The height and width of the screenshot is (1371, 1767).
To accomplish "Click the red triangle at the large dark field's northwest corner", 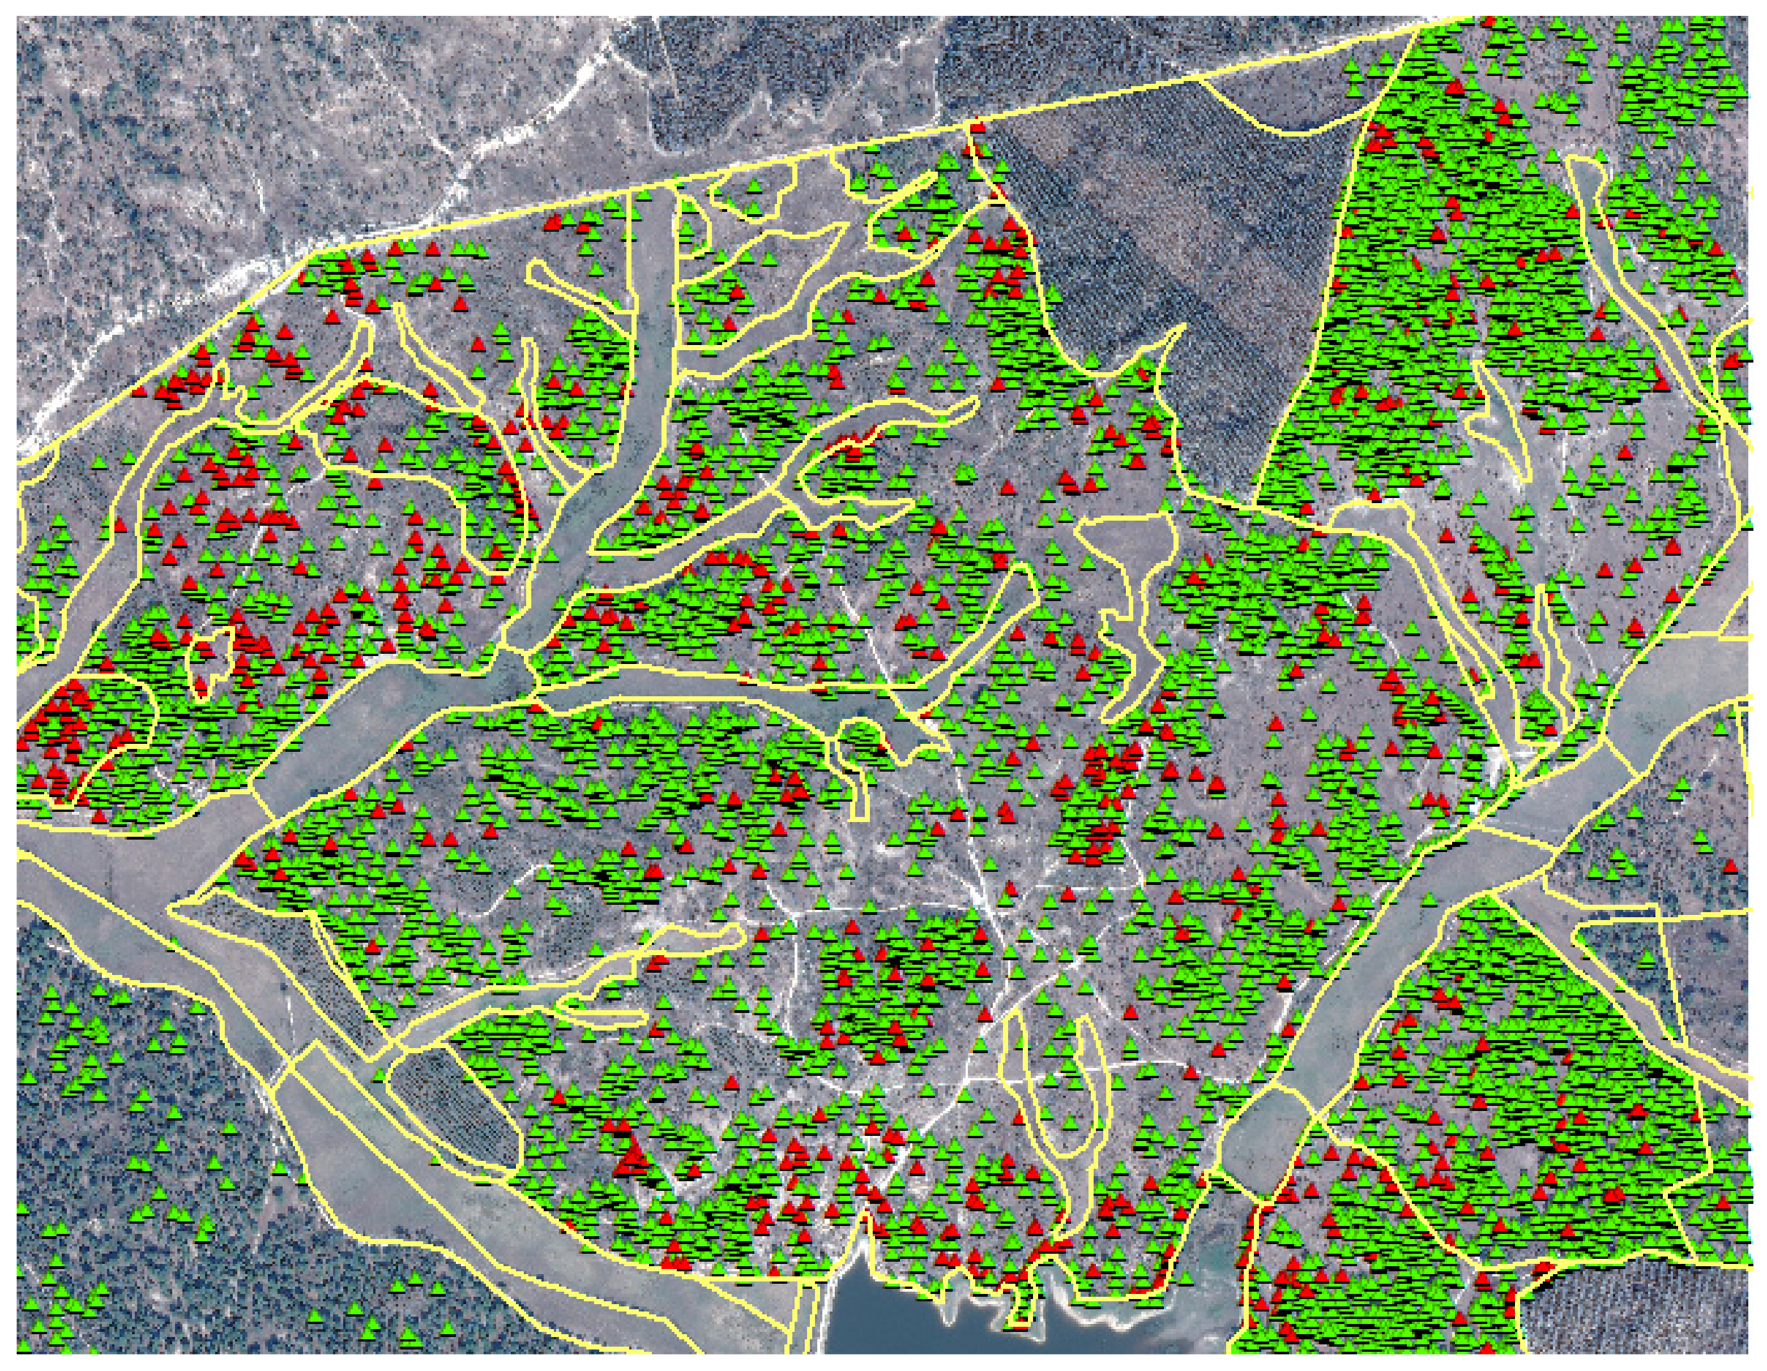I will [x=976, y=127].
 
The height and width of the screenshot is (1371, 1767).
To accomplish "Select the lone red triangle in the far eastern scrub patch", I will [x=1730, y=867].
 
